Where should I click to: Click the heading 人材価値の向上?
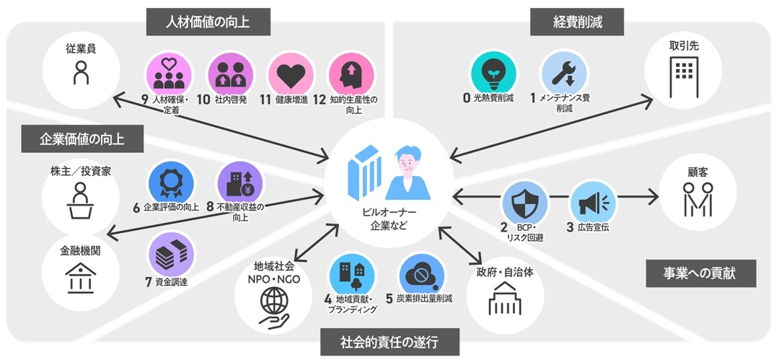(208, 22)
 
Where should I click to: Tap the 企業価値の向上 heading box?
(82, 139)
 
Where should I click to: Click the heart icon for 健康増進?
(291, 74)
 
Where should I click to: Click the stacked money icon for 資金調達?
(171, 254)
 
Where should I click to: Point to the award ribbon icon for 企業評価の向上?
(171, 181)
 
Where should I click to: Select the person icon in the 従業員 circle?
(82, 74)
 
